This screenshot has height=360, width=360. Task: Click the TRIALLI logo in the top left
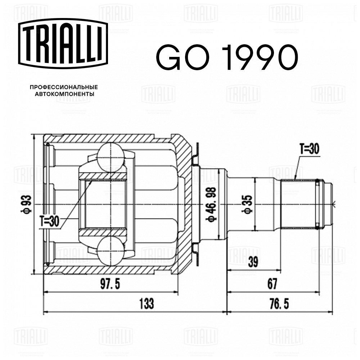63,44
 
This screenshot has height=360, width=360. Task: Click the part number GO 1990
227,57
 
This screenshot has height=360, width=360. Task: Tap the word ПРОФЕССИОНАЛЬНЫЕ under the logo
64,87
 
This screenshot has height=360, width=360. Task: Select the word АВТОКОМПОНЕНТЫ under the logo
64,94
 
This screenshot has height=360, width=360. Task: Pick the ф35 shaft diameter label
248,204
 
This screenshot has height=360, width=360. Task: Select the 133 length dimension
147,303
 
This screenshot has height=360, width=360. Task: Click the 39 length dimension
253,262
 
